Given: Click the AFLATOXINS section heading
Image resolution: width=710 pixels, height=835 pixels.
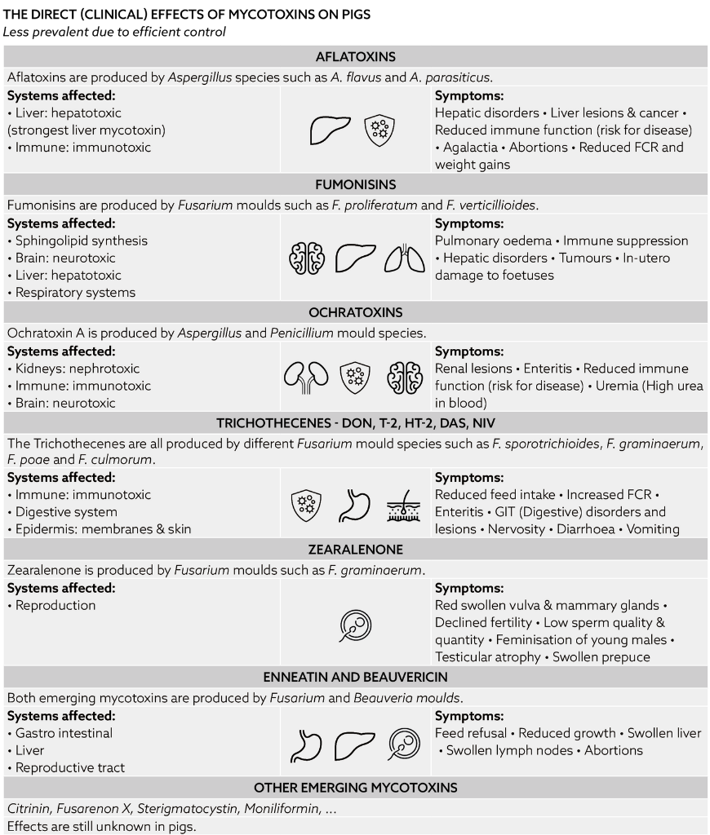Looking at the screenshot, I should click(355, 57).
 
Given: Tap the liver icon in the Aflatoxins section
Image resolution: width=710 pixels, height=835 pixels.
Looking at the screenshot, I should click(331, 130).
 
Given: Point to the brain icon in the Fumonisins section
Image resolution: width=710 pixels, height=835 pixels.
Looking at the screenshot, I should click(306, 258).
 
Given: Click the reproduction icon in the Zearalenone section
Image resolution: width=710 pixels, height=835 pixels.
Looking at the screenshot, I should click(355, 625).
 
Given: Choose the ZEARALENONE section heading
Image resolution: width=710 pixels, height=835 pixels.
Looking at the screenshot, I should click(355, 550).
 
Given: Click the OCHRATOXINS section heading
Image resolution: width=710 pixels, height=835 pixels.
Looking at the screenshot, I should click(355, 312).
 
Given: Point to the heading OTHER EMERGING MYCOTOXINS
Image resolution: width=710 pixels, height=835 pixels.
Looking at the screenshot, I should click(355, 788).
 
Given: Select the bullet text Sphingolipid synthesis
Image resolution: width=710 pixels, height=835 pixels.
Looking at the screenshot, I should click(82, 241).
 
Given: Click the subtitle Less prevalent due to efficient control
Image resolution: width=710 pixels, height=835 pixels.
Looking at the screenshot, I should click(114, 32).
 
